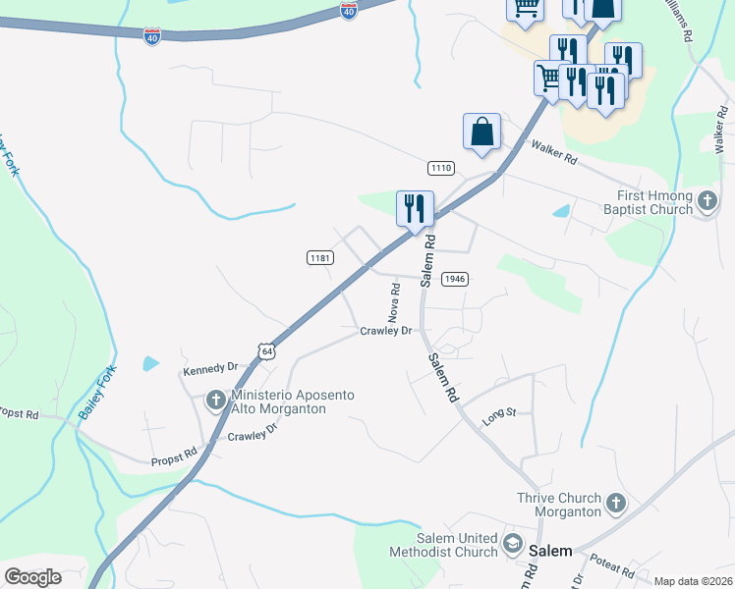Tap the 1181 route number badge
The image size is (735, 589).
tap(320, 257)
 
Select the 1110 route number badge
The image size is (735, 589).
tap(441, 169)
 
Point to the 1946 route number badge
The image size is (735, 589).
tap(453, 279)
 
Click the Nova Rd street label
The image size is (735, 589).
tap(395, 303)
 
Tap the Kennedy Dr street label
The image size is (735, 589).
tap(211, 367)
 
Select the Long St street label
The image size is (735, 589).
tap(499, 417)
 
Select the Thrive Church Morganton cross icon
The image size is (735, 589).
tap(615, 505)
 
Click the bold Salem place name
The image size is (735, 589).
tap(550, 551)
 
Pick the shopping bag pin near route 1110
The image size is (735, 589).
tap(481, 132)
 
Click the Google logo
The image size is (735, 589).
tap(33, 577)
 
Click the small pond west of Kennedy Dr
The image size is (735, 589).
tap(150, 363)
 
